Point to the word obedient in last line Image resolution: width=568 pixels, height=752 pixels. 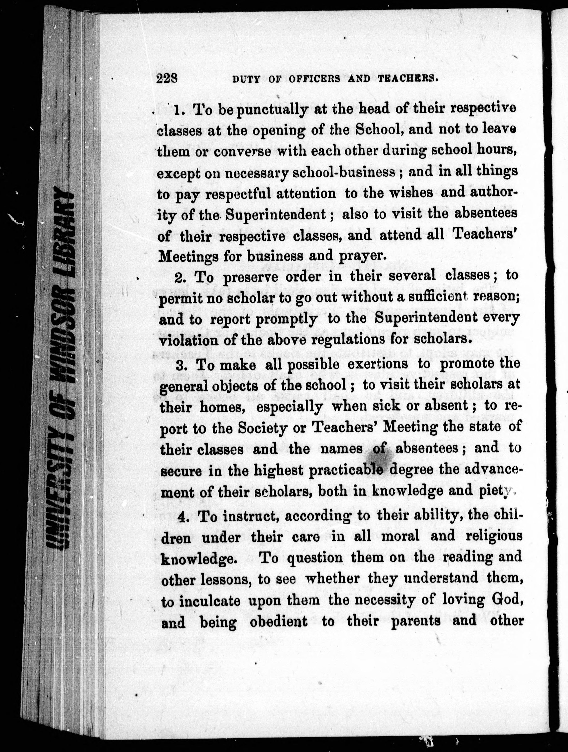[x=278, y=621]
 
